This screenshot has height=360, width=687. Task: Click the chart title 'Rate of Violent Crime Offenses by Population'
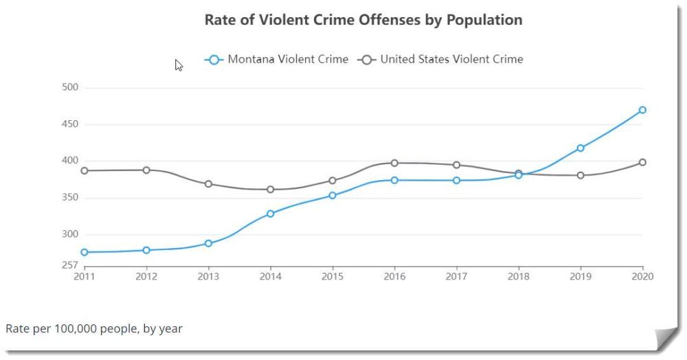[363, 20]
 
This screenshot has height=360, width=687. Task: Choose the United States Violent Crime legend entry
[440, 59]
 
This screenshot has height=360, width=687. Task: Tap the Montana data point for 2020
[642, 110]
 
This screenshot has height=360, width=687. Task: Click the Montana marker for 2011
[85, 252]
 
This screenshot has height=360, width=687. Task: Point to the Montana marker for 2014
[271, 214]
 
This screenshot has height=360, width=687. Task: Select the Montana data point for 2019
[581, 148]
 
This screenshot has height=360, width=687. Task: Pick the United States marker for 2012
[146, 170]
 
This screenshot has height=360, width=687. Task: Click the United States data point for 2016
[394, 163]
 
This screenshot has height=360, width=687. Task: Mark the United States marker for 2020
[642, 162]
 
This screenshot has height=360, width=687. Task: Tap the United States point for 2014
[271, 190]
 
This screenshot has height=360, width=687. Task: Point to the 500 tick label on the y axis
[71, 88]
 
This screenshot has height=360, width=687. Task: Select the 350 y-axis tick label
[71, 198]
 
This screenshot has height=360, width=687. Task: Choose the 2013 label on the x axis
[208, 277]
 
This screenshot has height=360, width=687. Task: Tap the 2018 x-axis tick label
[519, 277]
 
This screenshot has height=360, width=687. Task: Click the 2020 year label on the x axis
[642, 277]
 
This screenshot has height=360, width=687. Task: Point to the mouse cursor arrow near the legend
[179, 65]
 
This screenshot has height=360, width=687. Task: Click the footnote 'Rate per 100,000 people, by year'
[94, 328]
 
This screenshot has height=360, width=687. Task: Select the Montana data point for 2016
[394, 180]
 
